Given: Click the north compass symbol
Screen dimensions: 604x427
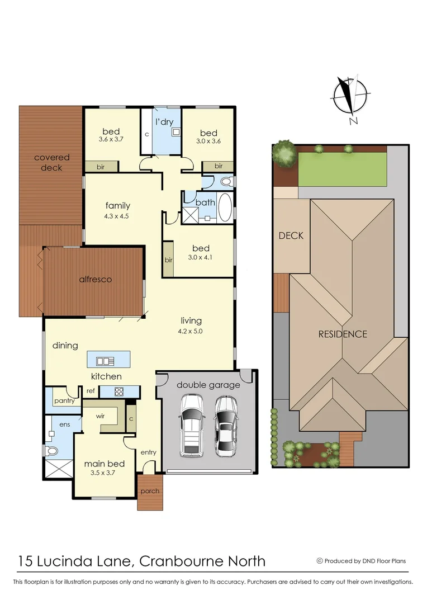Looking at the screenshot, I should click(x=350, y=98).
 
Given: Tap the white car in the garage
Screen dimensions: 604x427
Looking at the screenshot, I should click(x=191, y=424).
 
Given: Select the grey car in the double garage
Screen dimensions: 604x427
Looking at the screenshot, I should click(x=226, y=424).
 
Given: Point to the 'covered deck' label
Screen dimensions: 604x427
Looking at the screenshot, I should click(x=51, y=163).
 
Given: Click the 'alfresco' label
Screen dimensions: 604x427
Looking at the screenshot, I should click(x=95, y=279).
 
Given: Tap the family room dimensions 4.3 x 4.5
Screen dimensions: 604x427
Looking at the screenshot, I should click(x=117, y=216).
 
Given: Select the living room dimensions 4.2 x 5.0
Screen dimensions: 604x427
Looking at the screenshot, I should click(x=191, y=331).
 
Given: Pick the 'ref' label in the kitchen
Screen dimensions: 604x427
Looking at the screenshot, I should click(x=91, y=391).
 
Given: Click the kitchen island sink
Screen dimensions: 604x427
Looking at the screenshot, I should click(x=105, y=360).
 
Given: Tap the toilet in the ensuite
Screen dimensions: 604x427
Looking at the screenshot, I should click(x=51, y=450).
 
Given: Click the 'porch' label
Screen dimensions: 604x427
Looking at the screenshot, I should click(x=150, y=491).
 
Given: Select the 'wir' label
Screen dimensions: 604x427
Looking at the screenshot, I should click(x=101, y=416).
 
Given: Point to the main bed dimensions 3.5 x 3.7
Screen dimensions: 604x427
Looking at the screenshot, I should click(x=104, y=473).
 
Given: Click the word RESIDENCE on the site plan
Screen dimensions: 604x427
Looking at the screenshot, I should click(x=343, y=334).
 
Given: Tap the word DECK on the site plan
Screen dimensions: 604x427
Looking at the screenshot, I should click(x=291, y=235).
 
